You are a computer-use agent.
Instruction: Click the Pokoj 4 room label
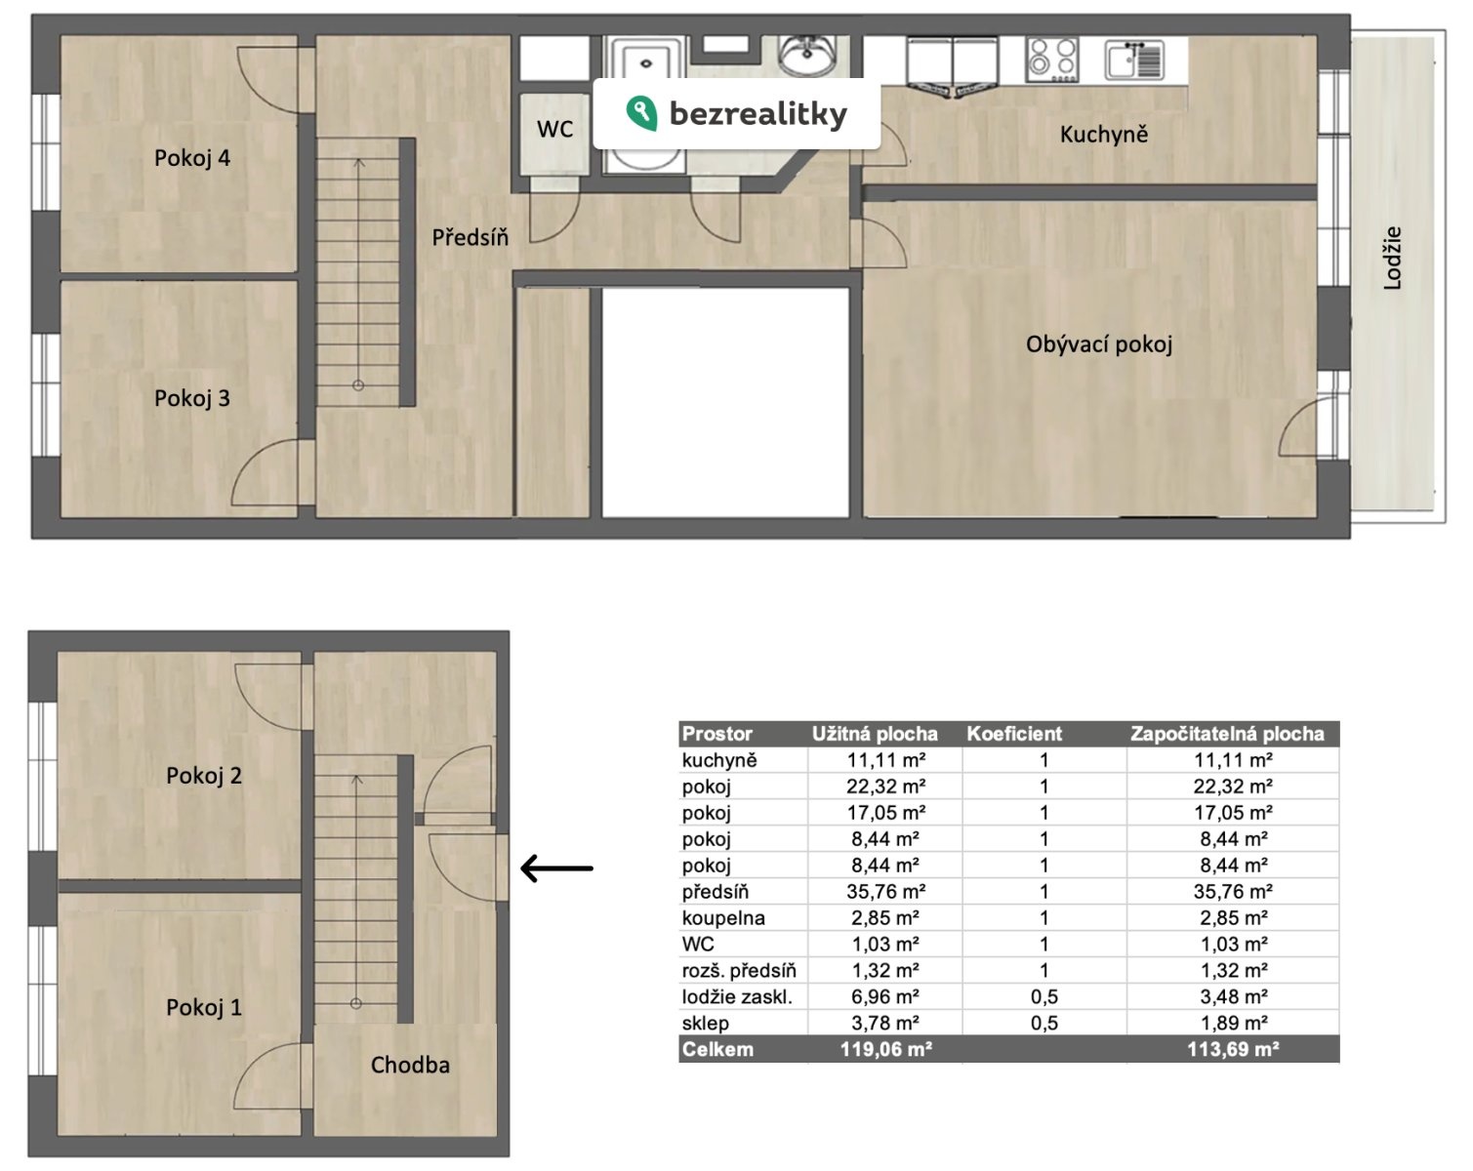191,158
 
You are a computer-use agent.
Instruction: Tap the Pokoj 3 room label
191,398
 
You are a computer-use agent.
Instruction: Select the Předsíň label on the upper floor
471,237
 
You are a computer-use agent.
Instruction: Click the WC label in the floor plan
554,129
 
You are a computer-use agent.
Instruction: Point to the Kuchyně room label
1103,134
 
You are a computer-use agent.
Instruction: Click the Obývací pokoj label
1098,343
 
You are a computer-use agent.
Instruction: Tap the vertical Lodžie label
1392,258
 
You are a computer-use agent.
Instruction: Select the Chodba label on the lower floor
410,1065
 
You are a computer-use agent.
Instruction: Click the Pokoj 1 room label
204,1007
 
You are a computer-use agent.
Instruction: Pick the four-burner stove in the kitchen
1052,59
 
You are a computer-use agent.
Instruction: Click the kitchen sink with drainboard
1133,60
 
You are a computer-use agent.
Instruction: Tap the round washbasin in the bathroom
807,54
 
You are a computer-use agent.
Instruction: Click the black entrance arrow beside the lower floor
556,868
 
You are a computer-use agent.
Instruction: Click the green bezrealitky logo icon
641,113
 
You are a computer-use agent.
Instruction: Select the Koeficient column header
1013,734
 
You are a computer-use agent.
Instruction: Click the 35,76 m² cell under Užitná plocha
885,891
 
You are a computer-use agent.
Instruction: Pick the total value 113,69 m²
1233,1049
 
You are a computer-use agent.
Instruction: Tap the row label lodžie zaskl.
737,996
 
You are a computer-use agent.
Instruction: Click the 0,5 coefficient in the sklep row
1043,1023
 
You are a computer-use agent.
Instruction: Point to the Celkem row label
717,1049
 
